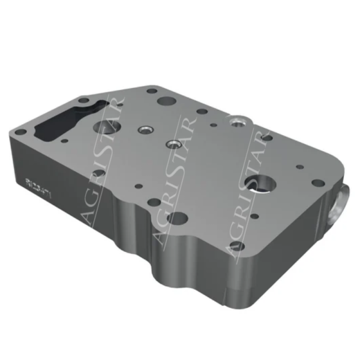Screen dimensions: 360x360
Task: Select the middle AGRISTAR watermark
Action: click(x=174, y=180)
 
